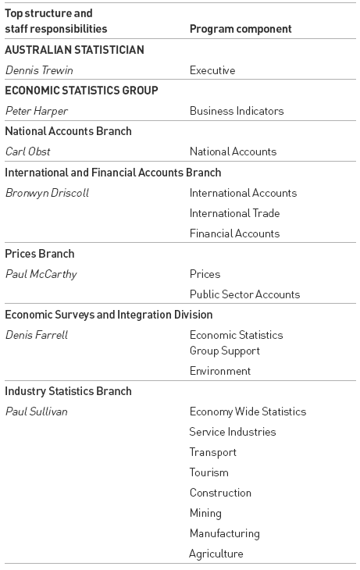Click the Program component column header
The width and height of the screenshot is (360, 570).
[x=241, y=29]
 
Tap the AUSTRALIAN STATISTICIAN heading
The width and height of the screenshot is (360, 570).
[x=74, y=50]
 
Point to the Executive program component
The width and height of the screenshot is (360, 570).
[x=212, y=70]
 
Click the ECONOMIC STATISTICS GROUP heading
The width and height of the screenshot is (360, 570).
[x=81, y=91]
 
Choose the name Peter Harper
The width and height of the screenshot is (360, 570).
[x=36, y=111]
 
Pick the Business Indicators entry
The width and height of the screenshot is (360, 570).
[x=237, y=111]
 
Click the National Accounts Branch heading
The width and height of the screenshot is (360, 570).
[x=68, y=131]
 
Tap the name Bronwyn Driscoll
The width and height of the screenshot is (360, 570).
[x=47, y=193]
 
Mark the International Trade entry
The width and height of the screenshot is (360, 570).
[x=234, y=213]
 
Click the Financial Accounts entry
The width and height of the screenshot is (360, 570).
[x=234, y=233]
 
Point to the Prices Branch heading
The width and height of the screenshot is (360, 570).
[x=40, y=254]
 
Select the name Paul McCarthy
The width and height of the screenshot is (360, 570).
[x=41, y=274]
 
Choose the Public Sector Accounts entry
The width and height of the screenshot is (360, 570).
[x=244, y=294]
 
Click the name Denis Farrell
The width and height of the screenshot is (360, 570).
[x=37, y=335]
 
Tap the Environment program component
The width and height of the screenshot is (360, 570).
[x=220, y=371]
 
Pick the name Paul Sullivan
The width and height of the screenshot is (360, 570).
[x=37, y=411]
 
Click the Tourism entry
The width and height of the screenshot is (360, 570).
[x=209, y=472]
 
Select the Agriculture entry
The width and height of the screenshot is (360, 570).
[x=216, y=554]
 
